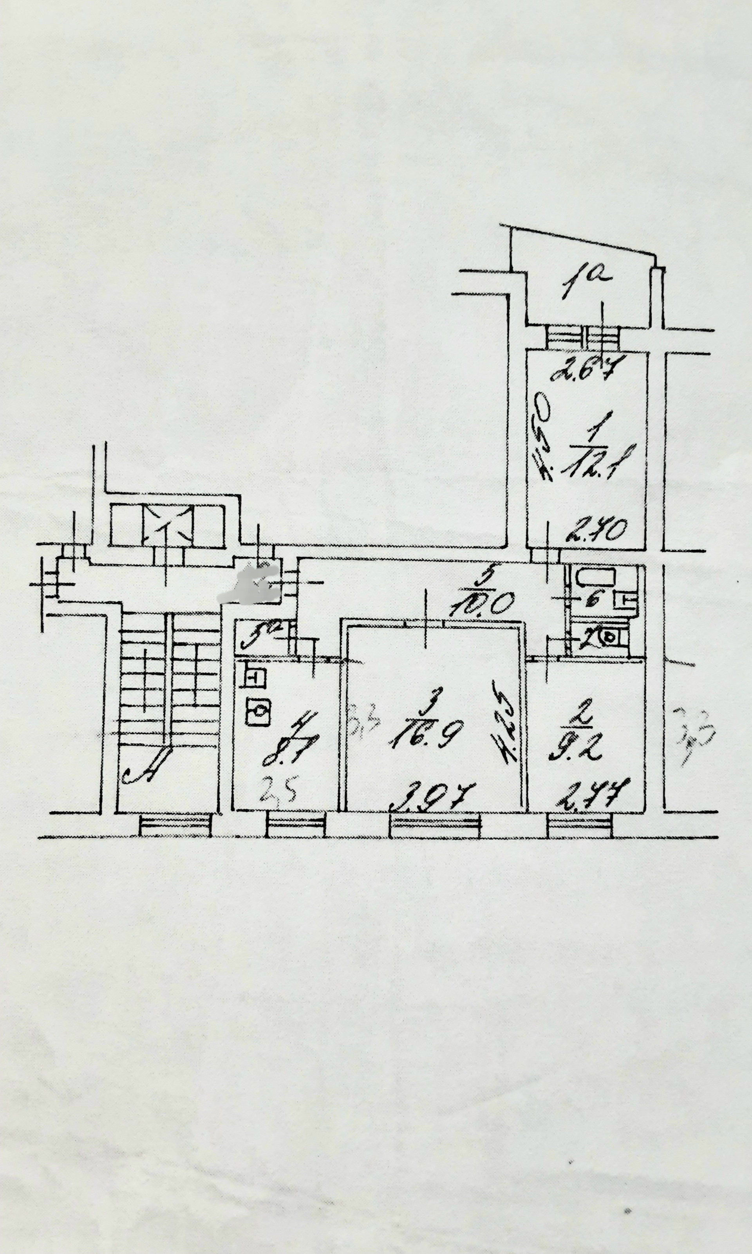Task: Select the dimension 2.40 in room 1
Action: pos(598,531)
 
